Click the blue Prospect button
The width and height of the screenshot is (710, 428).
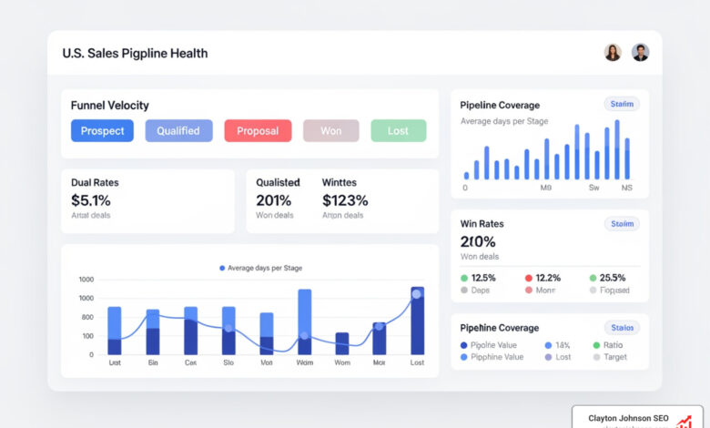coord(102,130)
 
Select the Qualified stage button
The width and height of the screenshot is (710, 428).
coord(178,130)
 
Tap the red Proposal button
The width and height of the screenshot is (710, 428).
coord(258,130)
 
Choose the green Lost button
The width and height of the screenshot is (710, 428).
coord(398,130)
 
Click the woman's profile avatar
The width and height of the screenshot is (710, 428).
coord(613,53)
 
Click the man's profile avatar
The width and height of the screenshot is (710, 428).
coord(641,53)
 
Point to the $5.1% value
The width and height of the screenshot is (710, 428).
coord(91,200)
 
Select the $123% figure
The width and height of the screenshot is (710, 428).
coord(345,200)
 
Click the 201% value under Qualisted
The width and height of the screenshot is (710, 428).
coord(274,200)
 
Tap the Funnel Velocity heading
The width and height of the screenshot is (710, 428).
coord(109,106)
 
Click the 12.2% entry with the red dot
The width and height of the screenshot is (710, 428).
coord(548,278)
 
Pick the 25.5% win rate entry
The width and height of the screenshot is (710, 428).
coord(613,278)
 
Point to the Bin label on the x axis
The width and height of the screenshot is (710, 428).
coord(152,362)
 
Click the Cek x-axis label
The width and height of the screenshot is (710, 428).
coord(190,362)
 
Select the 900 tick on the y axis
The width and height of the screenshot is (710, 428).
coord(86,317)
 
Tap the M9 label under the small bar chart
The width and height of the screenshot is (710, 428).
coord(546,189)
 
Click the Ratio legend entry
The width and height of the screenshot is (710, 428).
coord(614,345)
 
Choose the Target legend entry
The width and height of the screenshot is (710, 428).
coord(615,357)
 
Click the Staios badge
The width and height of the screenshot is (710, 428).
coord(623,328)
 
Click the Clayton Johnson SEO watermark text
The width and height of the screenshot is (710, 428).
coord(628,418)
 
